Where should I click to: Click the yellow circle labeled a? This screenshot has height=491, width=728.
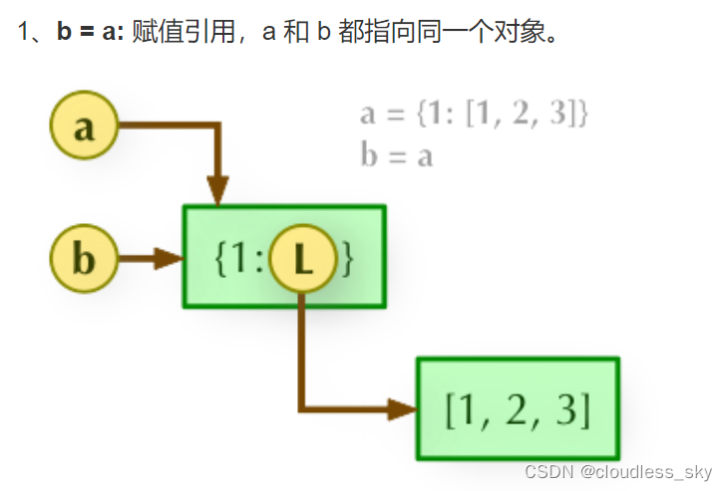click(84, 126)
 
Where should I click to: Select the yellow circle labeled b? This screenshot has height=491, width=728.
click(84, 260)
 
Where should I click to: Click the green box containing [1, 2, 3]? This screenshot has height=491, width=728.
click(518, 408)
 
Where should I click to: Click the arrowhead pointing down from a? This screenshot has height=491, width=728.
click(217, 189)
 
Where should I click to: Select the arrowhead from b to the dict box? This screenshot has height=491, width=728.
click(169, 260)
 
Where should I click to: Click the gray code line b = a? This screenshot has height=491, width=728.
click(397, 155)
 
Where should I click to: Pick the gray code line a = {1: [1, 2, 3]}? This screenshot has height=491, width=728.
click(475, 113)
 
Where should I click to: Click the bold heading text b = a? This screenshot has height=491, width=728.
click(91, 31)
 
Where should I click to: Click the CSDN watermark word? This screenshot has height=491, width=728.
click(547, 471)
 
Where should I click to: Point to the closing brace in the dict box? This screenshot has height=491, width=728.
click(347, 260)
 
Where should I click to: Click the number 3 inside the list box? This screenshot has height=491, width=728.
click(569, 409)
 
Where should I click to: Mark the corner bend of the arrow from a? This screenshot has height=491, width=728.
click(217, 126)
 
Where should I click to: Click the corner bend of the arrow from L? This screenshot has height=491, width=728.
click(302, 408)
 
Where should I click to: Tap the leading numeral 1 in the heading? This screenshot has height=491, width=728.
click(25, 31)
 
